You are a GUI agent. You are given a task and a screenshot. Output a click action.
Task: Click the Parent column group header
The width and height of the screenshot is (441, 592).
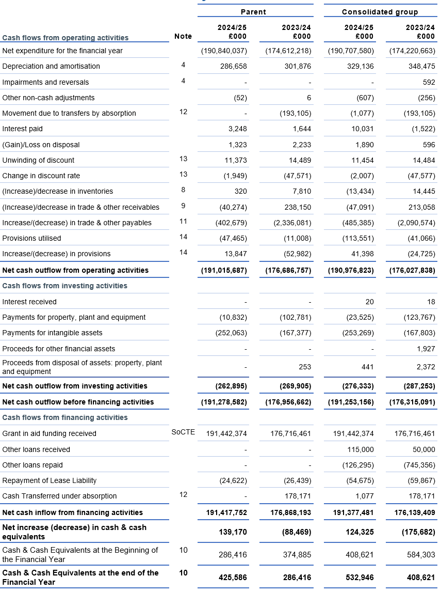point(253,12)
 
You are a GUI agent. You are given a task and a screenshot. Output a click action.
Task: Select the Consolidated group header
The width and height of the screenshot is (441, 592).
point(380,12)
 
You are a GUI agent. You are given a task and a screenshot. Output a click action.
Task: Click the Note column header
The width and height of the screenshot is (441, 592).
point(183,36)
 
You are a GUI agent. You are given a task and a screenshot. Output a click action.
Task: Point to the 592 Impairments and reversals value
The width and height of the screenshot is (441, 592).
point(429,82)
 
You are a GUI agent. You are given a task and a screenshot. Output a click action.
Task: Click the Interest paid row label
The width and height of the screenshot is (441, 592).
point(23,129)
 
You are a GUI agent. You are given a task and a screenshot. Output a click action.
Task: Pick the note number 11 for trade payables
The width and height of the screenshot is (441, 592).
point(183,222)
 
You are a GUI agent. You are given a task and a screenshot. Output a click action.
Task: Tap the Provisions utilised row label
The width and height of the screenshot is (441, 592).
point(31,238)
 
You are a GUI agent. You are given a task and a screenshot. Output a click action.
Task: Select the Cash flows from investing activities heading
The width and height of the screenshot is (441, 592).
point(64,286)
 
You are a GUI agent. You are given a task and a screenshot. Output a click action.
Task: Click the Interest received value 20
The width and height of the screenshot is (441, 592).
point(369,302)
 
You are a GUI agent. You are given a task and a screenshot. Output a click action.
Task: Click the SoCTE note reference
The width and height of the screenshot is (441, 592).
point(183,432)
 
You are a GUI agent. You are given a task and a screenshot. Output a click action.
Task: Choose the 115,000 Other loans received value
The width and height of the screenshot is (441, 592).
point(361,449)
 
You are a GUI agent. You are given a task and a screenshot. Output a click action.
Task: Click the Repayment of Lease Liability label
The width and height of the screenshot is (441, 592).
point(49,480)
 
